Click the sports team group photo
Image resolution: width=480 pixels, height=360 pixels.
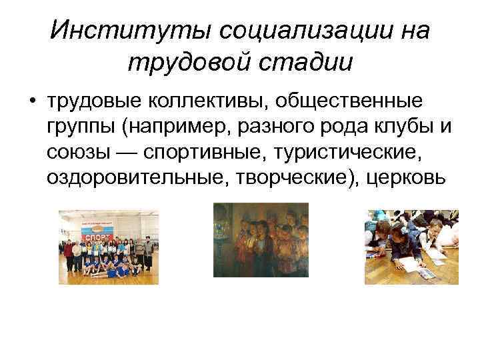point(108,247)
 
